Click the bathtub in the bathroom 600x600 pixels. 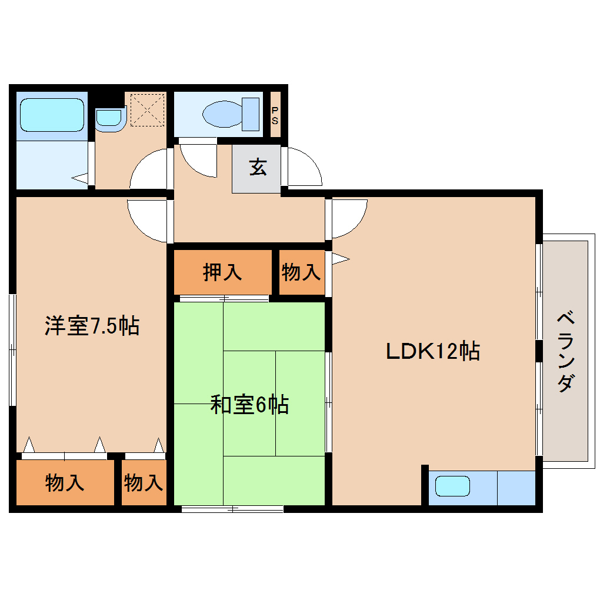52,115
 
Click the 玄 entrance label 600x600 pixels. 257,168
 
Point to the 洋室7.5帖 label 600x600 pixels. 92,325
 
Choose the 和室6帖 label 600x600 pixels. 249,405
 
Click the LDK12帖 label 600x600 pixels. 433,351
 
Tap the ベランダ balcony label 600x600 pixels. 565,351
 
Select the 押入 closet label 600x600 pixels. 222,272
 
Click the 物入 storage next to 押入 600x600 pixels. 301,272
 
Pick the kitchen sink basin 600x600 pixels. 452,486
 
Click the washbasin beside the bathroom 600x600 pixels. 108,118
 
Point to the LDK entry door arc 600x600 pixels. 348,218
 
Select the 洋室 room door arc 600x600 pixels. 147,221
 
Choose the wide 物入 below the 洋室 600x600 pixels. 65,483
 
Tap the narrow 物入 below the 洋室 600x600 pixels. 144,483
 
